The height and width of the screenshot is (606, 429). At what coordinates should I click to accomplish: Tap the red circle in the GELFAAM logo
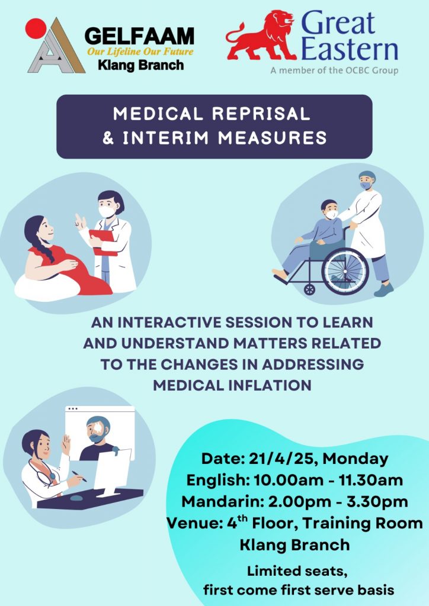36,28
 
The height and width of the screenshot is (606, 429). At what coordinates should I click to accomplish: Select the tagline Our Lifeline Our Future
140,52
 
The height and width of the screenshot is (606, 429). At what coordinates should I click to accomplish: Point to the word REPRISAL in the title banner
261,114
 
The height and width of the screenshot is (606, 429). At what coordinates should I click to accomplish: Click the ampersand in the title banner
108,138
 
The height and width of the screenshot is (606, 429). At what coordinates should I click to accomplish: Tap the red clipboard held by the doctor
103,242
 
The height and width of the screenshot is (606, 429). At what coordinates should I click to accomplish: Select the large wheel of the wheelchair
345,271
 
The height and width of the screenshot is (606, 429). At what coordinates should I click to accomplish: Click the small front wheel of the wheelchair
309,289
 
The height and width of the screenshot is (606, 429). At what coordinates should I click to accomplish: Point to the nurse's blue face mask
366,185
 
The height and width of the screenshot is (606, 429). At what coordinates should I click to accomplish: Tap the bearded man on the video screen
98,439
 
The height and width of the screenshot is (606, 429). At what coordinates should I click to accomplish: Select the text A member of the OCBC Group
334,70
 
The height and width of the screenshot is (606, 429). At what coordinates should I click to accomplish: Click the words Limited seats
297,571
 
